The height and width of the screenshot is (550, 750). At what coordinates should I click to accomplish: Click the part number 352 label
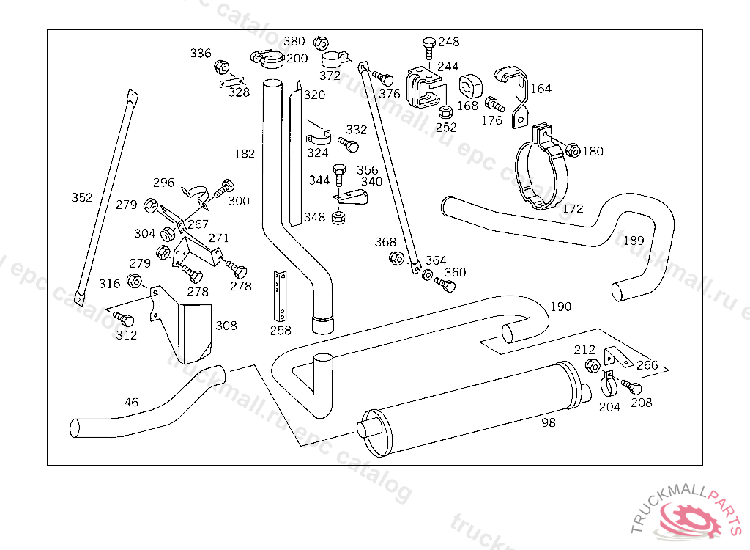82,197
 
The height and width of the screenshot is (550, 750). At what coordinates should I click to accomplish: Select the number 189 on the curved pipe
634,240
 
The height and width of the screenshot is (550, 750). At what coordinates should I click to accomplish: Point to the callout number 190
560,306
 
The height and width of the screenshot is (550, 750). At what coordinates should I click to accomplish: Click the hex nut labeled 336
221,67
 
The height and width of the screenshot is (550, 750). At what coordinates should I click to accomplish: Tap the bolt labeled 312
124,319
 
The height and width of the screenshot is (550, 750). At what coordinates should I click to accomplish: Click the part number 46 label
131,402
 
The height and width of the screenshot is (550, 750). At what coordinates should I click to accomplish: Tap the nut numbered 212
593,365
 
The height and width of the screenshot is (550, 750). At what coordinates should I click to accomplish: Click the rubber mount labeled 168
468,86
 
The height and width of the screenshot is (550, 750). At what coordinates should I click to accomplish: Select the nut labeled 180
573,150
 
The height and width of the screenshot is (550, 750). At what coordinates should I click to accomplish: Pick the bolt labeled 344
338,176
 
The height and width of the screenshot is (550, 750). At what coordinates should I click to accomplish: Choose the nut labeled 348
338,217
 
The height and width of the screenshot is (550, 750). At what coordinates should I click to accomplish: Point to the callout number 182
245,153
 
